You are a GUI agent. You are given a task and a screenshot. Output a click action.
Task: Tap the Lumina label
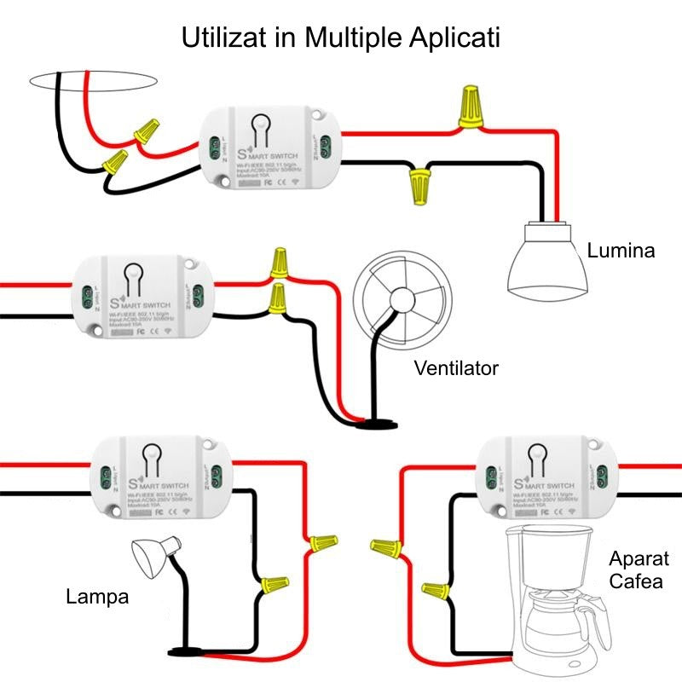click(621, 251)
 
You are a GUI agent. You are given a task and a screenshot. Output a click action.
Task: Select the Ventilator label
click(455, 368)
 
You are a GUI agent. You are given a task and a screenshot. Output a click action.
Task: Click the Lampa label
click(97, 597)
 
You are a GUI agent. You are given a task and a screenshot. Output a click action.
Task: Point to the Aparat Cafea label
click(639, 570)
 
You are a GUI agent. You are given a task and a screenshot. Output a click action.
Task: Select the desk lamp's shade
click(153, 558)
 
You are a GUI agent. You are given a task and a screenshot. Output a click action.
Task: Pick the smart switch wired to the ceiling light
click(269, 150)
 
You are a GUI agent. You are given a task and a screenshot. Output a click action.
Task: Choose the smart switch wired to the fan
click(143, 298)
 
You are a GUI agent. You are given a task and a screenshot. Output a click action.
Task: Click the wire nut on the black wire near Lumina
click(419, 185)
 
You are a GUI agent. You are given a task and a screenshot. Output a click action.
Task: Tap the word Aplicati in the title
click(451, 38)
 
